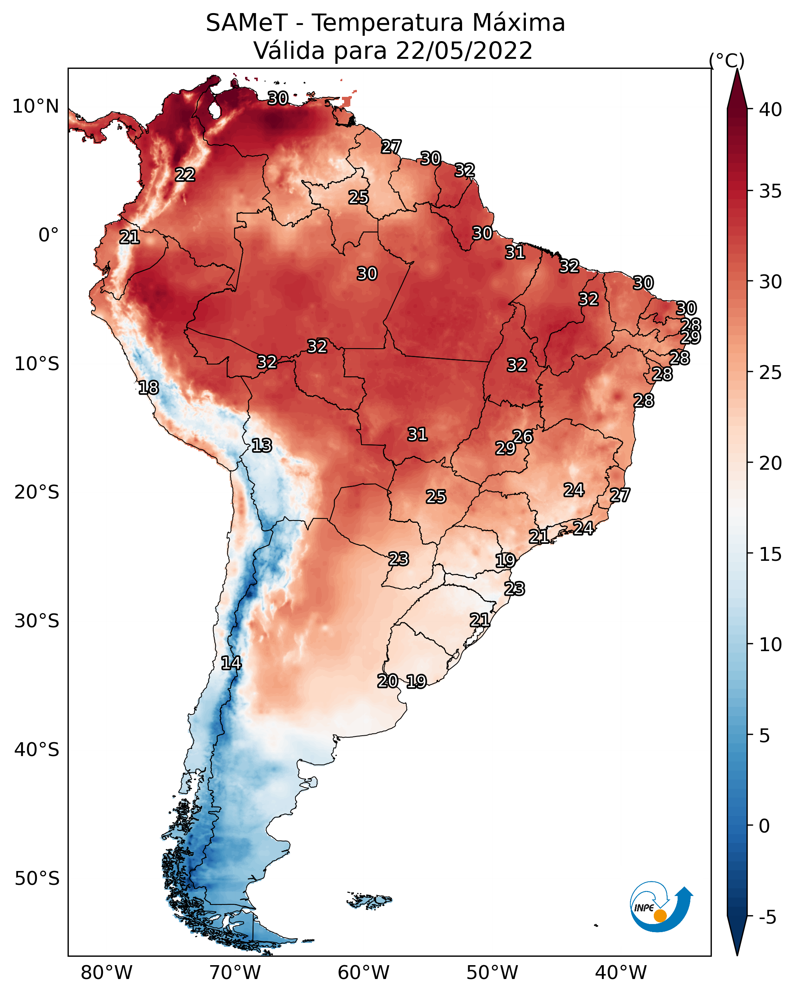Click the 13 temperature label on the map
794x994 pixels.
(x=262, y=446)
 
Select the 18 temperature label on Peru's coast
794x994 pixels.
(x=148, y=388)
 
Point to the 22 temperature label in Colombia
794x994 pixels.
(x=185, y=175)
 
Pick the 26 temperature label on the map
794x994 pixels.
(x=523, y=437)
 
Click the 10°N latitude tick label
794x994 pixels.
(x=35, y=106)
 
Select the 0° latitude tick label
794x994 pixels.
(x=48, y=235)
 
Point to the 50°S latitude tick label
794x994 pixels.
(x=37, y=878)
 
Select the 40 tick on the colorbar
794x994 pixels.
(x=771, y=110)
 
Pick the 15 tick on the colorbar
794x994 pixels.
(x=771, y=554)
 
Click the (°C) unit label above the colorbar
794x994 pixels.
(x=726, y=61)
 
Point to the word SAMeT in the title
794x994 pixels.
(x=247, y=23)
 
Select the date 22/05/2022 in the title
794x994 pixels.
(x=464, y=51)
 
